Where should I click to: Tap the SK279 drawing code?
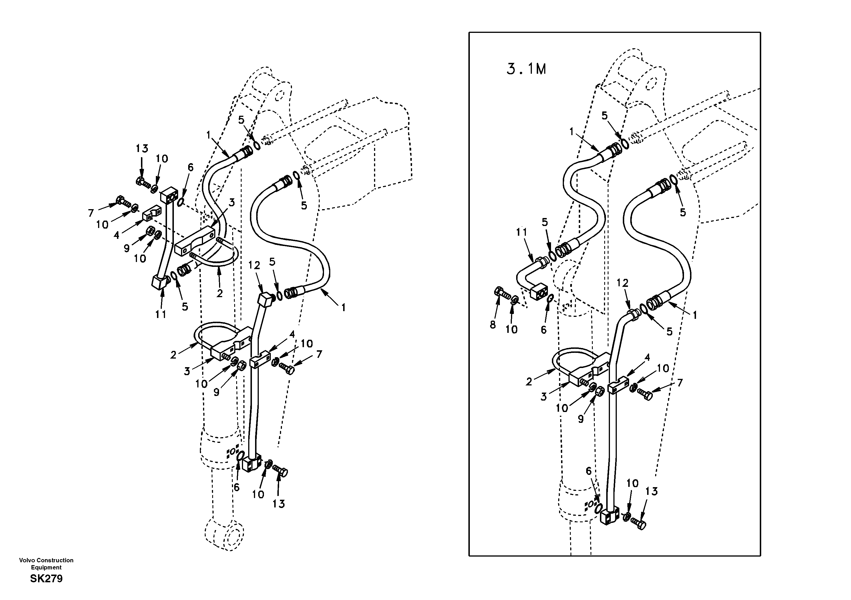tap(46, 579)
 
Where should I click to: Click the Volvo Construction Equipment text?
tap(46, 564)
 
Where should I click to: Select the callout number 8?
tap(493, 325)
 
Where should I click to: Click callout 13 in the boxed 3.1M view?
tap(651, 491)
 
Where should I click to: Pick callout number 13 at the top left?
tap(142, 149)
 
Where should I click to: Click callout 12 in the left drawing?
tap(254, 265)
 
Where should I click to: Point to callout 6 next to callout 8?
tap(544, 330)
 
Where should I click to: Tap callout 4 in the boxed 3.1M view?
tap(647, 358)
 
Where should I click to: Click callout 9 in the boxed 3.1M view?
tap(581, 419)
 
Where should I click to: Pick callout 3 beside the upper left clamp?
tap(231, 203)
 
